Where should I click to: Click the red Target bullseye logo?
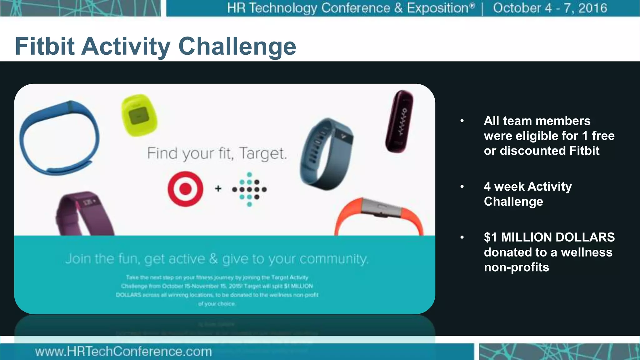pyautogui.click(x=185, y=189)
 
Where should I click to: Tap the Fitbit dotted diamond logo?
pyautogui.click(x=249, y=189)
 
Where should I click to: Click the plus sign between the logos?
pyautogui.click(x=218, y=188)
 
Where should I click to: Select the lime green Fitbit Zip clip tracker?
pyautogui.click(x=139, y=115)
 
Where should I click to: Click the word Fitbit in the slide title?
pyautogui.click(x=44, y=46)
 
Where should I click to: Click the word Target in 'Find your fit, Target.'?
pyautogui.click(x=263, y=153)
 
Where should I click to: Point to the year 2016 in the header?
pyautogui.click(x=592, y=8)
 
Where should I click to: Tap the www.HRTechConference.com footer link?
pyautogui.click(x=123, y=352)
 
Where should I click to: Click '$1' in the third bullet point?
pyautogui.click(x=490, y=237)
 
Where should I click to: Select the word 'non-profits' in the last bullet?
pyautogui.click(x=516, y=267)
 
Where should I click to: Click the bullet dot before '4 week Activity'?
pyautogui.click(x=462, y=187)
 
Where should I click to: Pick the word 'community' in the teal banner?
pyautogui.click(x=333, y=259)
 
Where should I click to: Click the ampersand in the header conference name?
pyautogui.click(x=398, y=8)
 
